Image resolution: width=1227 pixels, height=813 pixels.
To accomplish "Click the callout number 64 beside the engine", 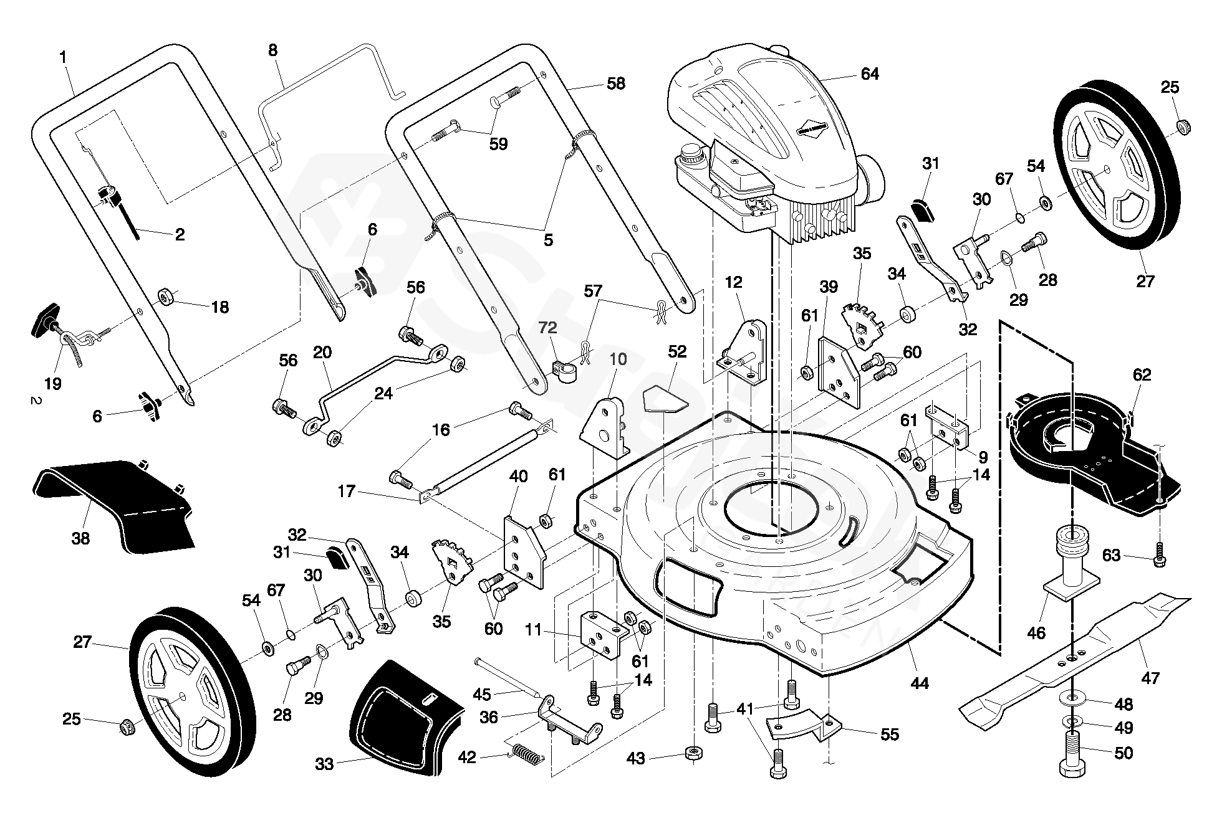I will click(869, 74).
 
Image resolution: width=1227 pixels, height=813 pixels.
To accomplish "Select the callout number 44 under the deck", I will click(920, 683).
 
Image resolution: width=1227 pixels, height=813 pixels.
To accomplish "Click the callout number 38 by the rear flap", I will click(80, 538).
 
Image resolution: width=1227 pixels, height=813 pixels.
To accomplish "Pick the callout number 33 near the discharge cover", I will click(324, 764).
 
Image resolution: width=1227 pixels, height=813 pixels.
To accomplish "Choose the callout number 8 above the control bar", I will click(273, 50).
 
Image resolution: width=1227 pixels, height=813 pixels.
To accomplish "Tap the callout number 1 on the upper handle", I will click(62, 57).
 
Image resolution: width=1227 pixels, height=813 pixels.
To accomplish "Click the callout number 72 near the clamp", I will click(548, 328).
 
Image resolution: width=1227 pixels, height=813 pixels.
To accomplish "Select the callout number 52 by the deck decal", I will click(677, 352).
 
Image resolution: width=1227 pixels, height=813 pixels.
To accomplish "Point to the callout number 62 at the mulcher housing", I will click(1142, 375).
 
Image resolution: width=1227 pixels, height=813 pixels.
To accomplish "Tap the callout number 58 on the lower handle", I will click(615, 83).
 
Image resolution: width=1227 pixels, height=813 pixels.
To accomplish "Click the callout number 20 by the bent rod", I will click(322, 353).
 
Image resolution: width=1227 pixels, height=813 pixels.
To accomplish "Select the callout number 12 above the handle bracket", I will click(734, 282).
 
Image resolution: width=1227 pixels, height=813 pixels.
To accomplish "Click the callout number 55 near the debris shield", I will click(890, 734).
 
